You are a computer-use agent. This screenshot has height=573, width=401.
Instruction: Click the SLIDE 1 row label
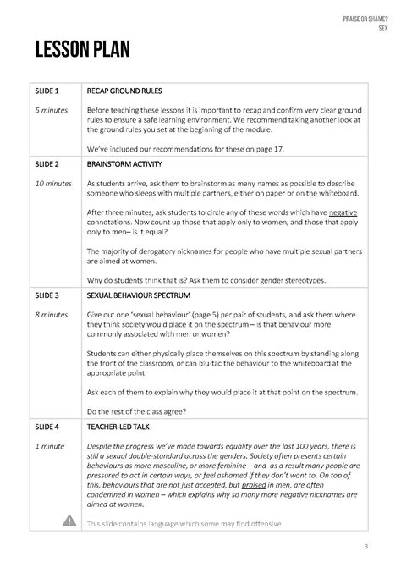pos(47,89)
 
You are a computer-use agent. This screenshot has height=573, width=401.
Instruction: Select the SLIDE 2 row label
pos(47,163)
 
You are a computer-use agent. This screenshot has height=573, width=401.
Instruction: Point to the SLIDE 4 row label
pos(47,427)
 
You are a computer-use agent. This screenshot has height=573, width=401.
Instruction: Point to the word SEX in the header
pos(382,28)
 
